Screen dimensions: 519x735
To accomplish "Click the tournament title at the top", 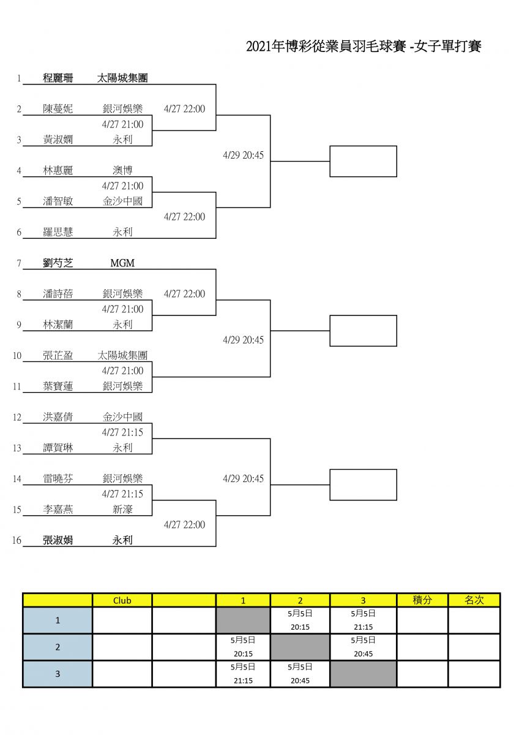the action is click(x=364, y=47).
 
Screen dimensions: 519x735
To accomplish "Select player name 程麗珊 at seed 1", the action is click(x=58, y=78).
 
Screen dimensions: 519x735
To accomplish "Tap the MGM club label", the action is click(x=122, y=263).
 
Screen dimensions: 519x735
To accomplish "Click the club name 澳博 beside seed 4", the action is click(x=122, y=170).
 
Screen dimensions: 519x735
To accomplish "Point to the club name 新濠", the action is click(x=122, y=509).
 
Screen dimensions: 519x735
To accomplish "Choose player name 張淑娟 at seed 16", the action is click(x=58, y=540).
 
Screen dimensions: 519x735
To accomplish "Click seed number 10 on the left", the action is click(x=17, y=356).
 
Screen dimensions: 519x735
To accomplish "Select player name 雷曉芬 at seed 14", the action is click(x=58, y=478).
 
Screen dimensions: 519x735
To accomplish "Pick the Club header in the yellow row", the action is click(x=122, y=600).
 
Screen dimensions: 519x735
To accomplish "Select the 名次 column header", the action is click(x=474, y=600).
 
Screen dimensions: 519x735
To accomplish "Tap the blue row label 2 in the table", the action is click(x=58, y=647).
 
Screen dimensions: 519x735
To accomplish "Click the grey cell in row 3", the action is click(x=364, y=674).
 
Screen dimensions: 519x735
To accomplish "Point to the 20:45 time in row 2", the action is click(x=364, y=654).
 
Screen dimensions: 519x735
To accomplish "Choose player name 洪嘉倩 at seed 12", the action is click(x=58, y=417).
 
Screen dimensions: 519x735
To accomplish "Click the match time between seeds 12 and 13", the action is click(x=122, y=432).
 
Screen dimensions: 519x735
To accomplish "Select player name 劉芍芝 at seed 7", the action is click(x=58, y=263).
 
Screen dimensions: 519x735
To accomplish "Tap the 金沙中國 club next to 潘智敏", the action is click(x=122, y=201).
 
